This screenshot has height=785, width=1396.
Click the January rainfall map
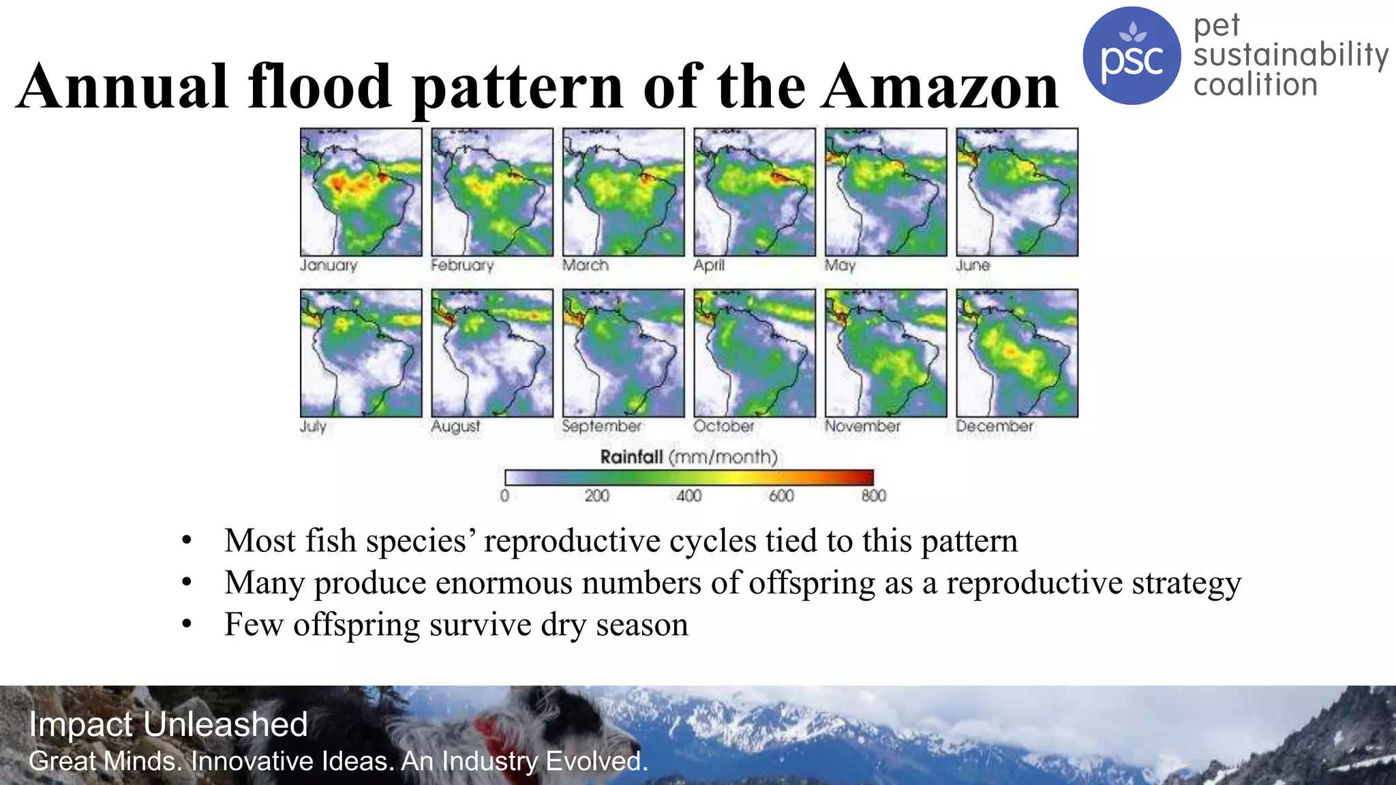(361, 192)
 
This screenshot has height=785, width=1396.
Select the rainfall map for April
(755, 192)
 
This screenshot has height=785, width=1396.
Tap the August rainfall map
(492, 353)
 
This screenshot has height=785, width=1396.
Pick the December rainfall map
(1017, 353)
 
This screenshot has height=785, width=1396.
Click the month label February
(462, 265)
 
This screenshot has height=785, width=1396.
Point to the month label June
(973, 265)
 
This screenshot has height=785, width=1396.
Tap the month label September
(602, 426)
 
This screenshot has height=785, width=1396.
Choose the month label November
(862, 426)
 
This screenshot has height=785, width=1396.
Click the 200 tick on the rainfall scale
(596, 495)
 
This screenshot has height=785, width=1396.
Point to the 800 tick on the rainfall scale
(873, 495)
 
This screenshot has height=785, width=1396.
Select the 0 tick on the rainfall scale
(504, 495)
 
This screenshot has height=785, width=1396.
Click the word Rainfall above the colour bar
(631, 457)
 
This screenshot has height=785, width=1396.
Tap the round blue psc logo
(1132, 56)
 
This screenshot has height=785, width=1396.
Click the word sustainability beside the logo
(1290, 55)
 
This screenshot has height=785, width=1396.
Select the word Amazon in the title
(940, 87)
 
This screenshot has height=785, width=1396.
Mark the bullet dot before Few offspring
(187, 624)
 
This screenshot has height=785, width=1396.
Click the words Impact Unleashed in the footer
(168, 724)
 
